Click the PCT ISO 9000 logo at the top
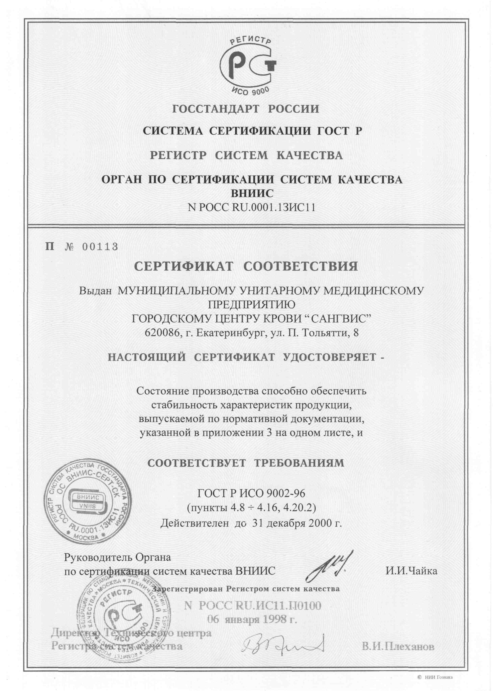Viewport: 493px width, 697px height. pos(247,65)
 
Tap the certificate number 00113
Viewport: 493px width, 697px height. pos(100,247)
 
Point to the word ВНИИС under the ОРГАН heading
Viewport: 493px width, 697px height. pos(252,193)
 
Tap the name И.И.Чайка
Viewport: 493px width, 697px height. pos(411,571)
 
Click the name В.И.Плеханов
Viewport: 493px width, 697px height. pos(398,647)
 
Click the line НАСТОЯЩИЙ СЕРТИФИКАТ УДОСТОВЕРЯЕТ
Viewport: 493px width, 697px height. pos(246,357)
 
